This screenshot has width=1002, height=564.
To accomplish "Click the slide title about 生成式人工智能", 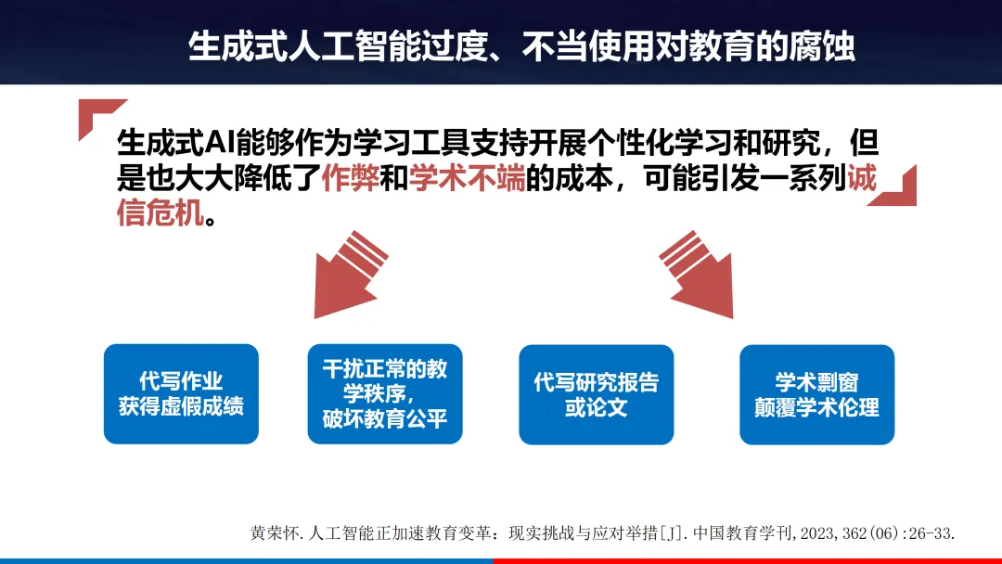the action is (521, 46).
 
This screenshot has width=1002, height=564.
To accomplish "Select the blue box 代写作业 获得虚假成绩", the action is (181, 393).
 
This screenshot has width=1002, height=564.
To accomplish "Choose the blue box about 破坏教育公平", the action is (385, 393).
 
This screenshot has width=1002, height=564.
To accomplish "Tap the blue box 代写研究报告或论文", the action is (597, 393).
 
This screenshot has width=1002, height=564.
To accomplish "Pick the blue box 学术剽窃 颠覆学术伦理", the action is (816, 393).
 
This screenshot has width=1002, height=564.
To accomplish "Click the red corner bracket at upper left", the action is (97, 115).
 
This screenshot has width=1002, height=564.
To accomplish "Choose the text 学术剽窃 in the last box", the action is (816, 381).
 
